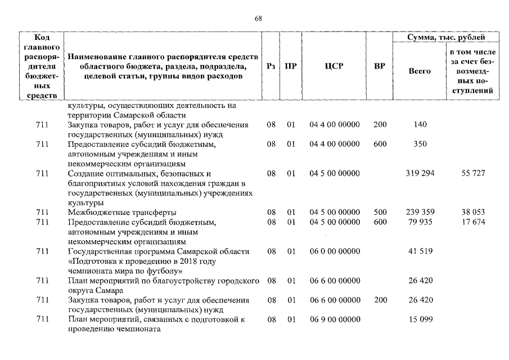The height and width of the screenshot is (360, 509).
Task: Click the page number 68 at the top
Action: pyautogui.click(x=258, y=18)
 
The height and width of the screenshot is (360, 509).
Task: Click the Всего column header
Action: pyautogui.click(x=420, y=71)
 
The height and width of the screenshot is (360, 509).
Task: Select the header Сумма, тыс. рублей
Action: pyautogui.click(x=446, y=37)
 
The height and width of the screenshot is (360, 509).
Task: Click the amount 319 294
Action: pyautogui.click(x=420, y=173)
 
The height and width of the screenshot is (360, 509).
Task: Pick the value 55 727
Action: pyautogui.click(x=473, y=173)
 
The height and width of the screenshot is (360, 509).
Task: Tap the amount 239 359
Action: pyautogui.click(x=420, y=212)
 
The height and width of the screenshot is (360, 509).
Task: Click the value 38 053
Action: pyautogui.click(x=473, y=212)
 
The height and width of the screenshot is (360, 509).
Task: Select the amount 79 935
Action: pyautogui.click(x=420, y=222)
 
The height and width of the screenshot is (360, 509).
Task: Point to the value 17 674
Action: pyautogui.click(x=473, y=222)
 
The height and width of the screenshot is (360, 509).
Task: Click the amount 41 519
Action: pyautogui.click(x=420, y=251)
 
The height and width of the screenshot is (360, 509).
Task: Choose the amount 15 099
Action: pyautogui.click(x=420, y=319)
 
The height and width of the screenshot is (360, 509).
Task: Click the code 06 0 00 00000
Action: pyautogui.click(x=334, y=251)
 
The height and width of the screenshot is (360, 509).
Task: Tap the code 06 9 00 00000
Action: pyautogui.click(x=334, y=319)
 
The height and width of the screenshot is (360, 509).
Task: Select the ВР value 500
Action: pyautogui.click(x=380, y=212)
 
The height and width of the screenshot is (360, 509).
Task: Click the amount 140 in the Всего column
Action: pyautogui.click(x=420, y=124)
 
